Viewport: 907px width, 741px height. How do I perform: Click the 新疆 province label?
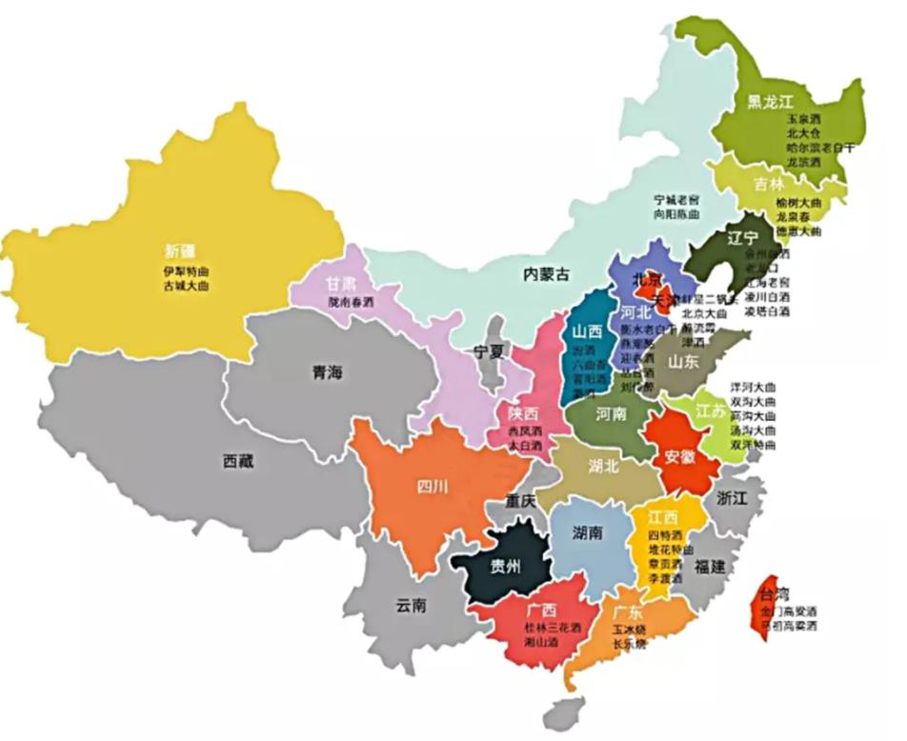point(179,251)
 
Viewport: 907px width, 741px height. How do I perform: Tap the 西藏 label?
point(238,461)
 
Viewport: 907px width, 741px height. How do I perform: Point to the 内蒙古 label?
point(546,274)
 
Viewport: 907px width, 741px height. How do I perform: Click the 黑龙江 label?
point(770,101)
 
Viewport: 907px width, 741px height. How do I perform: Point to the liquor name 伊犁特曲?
point(185,270)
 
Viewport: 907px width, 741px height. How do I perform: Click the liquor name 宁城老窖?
point(676,200)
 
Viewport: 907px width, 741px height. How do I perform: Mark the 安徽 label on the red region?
point(680,455)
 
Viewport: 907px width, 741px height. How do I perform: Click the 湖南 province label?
point(588,532)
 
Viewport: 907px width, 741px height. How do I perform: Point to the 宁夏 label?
point(490,350)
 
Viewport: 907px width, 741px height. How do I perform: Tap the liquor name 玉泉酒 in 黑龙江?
point(802,120)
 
